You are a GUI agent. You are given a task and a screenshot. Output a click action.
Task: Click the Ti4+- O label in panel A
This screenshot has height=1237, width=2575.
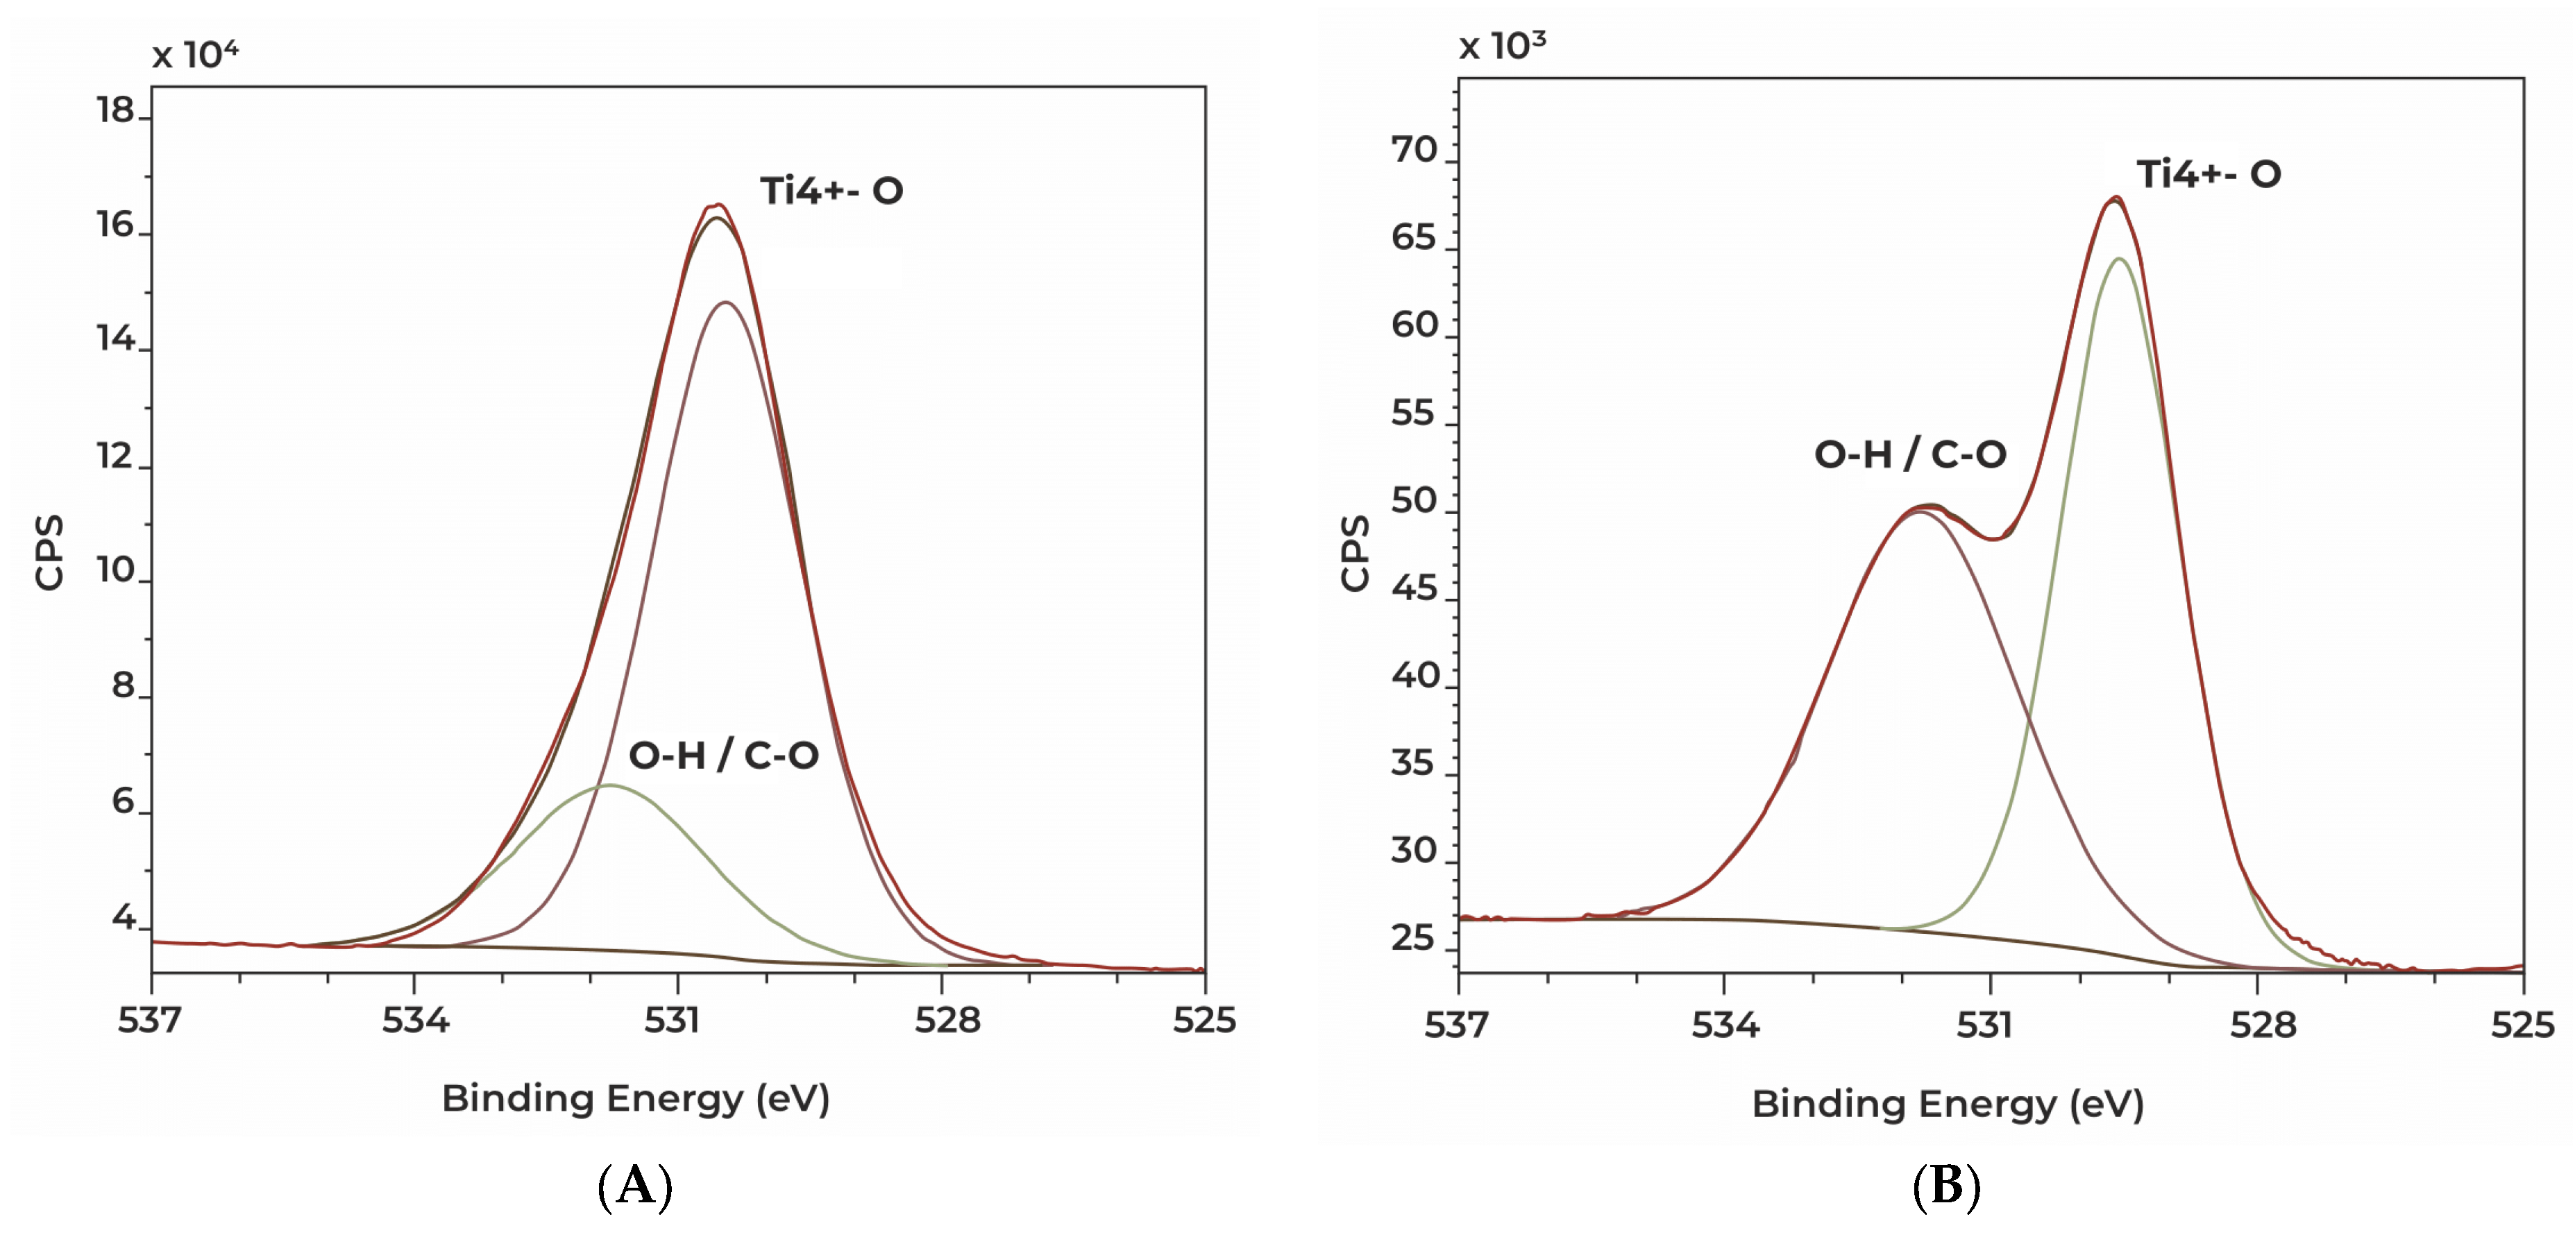(x=831, y=190)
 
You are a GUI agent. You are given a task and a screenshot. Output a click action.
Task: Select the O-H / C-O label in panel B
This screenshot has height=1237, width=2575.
(x=1909, y=454)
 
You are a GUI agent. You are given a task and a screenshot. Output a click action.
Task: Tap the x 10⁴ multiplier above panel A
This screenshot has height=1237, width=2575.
(x=195, y=54)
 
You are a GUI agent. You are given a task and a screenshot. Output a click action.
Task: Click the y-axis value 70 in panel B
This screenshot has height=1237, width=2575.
(x=1413, y=150)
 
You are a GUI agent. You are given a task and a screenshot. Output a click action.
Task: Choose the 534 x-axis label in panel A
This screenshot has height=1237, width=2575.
(x=415, y=1020)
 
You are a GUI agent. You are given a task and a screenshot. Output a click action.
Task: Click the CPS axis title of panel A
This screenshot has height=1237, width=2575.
(x=49, y=552)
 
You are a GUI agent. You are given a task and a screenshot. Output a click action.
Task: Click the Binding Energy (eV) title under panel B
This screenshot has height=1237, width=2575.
(x=1948, y=1104)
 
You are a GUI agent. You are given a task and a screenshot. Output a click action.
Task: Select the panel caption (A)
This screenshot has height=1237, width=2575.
(x=635, y=1186)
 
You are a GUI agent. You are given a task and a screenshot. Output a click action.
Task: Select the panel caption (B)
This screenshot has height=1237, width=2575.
(x=1945, y=1186)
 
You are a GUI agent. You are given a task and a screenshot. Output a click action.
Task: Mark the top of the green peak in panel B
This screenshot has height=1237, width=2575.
(x=2118, y=259)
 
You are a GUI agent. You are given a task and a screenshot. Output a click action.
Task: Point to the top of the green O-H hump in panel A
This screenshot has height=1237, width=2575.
(x=611, y=785)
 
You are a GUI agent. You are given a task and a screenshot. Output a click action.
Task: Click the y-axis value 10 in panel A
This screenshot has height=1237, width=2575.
(x=115, y=570)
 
